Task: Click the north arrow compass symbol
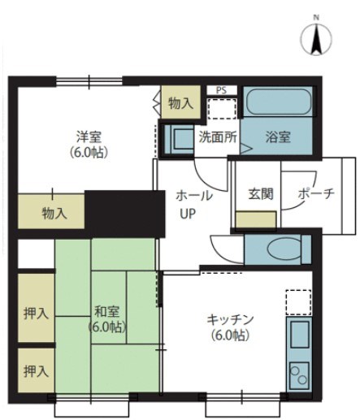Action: (318, 38)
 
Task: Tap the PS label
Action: (221, 90)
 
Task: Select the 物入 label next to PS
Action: (180, 103)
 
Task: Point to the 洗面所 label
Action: (218, 137)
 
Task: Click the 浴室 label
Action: (277, 137)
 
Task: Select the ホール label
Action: (194, 196)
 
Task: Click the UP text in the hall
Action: (188, 214)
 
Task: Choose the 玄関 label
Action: (260, 196)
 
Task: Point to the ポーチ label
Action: (316, 196)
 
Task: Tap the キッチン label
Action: (230, 320)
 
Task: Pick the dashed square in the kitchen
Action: (298, 301)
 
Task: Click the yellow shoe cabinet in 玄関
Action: (255, 219)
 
